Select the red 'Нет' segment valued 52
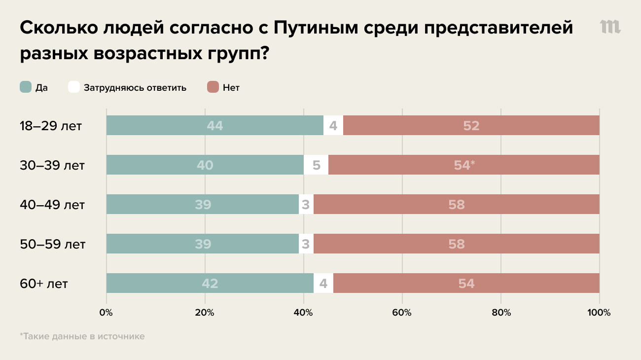pos(471,125)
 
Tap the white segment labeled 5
pos(316,165)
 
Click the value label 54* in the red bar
pos(464,165)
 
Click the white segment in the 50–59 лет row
pos(306,244)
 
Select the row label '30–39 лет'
pos(52,165)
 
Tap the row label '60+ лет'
pos(44,284)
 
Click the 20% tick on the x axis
pos(205,313)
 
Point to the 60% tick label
pos(402,313)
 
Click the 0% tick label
pos(106,313)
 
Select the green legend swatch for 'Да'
pos(26,87)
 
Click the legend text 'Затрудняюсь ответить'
pos(135,88)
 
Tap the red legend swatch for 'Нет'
pos(213,87)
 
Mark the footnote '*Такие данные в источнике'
pos(82,336)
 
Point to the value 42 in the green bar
pos(210,284)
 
